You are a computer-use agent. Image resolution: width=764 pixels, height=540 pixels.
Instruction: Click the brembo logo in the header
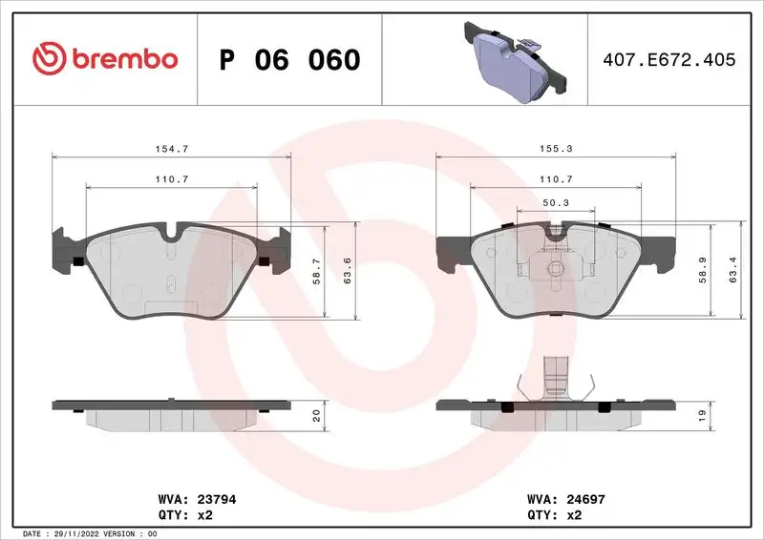tap(105, 59)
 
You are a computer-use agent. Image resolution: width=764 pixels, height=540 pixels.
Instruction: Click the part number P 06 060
tap(290, 60)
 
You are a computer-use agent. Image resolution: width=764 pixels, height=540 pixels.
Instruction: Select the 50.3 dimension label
tap(555, 202)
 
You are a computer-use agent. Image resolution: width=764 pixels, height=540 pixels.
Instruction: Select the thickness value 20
tap(317, 416)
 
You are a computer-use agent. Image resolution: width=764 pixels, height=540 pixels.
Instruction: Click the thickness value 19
tap(703, 416)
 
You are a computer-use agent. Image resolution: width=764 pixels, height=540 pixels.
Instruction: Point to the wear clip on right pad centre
tap(552, 266)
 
